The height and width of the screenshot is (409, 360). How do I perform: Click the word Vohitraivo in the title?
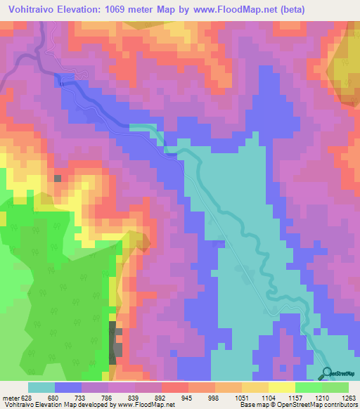pos(35,11)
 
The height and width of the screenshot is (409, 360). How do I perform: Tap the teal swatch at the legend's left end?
pos(41,387)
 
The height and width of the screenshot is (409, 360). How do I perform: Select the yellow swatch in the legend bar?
pos(281,387)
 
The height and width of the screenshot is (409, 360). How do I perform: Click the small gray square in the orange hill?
pos(58,178)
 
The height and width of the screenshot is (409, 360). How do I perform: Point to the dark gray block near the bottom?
pos(113,342)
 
